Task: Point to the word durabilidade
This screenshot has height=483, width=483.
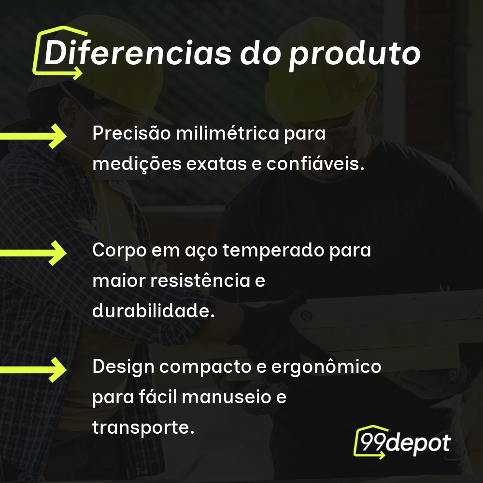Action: [153, 311]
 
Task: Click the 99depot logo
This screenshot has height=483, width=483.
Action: [402, 442]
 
